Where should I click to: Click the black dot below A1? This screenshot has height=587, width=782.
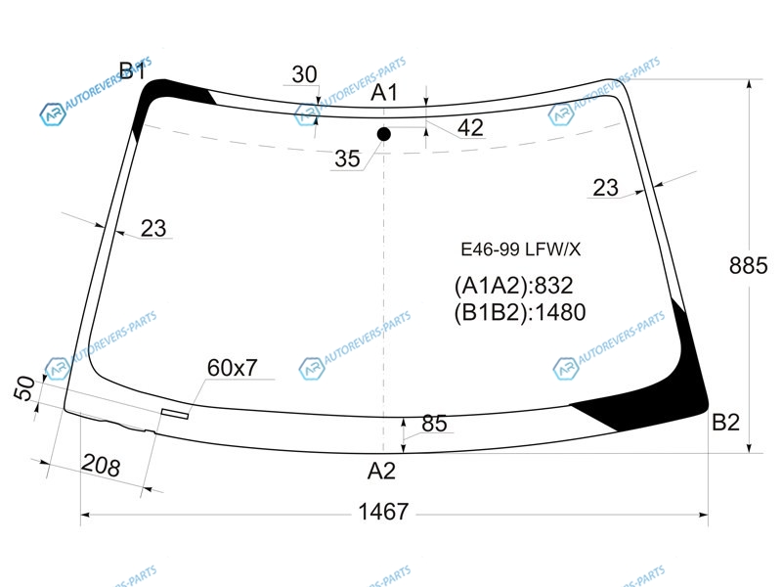pos(383,134)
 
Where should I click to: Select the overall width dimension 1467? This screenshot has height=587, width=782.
pos(383,512)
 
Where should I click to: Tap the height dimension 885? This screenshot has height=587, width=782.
pos(748,265)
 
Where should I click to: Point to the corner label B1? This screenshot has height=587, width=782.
pos(132,70)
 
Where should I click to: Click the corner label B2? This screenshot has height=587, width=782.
pos(725,423)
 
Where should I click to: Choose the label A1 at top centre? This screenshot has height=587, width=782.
pos(384,93)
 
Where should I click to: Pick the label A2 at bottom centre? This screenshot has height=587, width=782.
pos(381,471)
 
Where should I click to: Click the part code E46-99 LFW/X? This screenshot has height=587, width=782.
pos(521,249)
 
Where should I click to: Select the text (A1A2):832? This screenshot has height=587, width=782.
pos(514,286)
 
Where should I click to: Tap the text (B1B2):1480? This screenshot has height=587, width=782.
pos(520,312)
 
